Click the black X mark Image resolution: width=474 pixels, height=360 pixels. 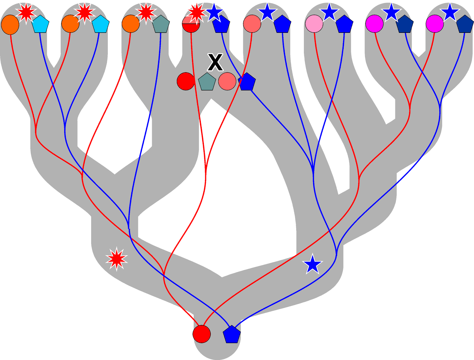(x=215, y=62)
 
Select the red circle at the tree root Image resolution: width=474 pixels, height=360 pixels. (x=201, y=334)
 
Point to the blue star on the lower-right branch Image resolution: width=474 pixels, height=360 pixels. (x=313, y=264)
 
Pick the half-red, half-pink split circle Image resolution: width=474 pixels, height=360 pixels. (x=191, y=24)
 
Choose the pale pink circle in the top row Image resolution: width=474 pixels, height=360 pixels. (x=314, y=24)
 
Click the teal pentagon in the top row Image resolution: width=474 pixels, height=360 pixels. (x=161, y=24)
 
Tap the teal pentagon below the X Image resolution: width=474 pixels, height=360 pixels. (x=207, y=82)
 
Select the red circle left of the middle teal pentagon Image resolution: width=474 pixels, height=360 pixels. (x=186, y=81)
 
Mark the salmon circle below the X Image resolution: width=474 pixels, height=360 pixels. (x=227, y=81)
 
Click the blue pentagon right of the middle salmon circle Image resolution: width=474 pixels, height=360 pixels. (x=247, y=82)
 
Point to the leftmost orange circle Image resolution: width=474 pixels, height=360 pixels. (x=10, y=25)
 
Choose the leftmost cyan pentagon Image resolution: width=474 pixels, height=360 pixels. (x=40, y=24)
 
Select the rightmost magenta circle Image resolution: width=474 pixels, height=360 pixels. (x=435, y=24)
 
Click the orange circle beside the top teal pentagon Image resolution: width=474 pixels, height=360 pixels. (x=131, y=24)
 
